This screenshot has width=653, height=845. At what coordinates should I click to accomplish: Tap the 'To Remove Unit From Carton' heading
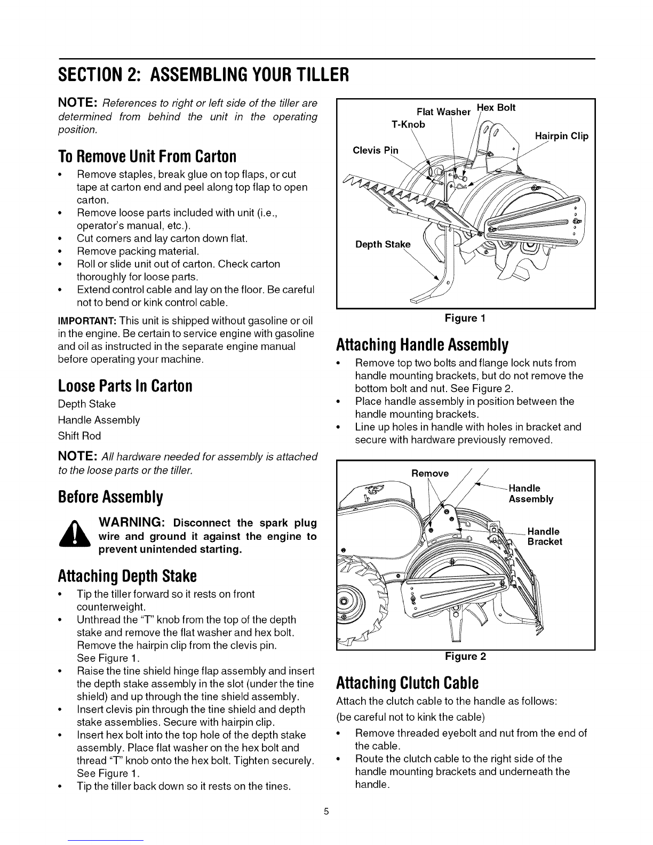tap(147, 156)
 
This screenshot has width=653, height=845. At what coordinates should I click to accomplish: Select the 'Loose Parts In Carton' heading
tap(125, 386)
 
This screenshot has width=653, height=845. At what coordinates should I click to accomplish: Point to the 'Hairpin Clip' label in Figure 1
tap(561, 136)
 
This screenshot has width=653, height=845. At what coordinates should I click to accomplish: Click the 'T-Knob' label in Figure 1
tap(408, 124)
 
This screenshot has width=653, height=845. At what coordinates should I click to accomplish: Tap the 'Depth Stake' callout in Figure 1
tap(383, 245)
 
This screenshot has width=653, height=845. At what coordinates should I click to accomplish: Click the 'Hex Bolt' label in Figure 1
tap(496, 107)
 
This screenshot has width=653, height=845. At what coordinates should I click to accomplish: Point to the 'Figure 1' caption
tap(465, 318)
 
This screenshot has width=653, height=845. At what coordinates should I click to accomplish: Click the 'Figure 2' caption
tap(465, 656)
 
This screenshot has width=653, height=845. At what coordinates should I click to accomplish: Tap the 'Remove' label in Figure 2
tap(430, 473)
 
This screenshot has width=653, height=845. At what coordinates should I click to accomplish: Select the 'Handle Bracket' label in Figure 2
tap(544, 536)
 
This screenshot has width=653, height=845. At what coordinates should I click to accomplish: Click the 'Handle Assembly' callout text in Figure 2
tap(531, 493)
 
